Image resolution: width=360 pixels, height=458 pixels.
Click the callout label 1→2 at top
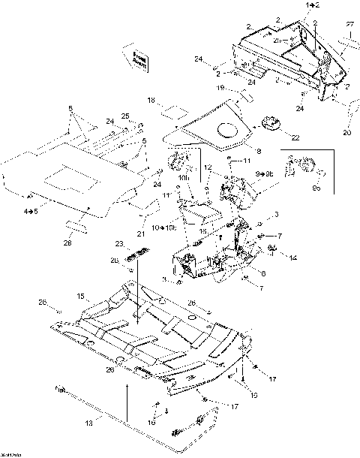coord(311,5)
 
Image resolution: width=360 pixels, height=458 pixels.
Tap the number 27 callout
coord(349,25)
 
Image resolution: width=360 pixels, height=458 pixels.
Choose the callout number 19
coord(220,88)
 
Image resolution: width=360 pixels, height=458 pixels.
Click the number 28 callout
coord(69,242)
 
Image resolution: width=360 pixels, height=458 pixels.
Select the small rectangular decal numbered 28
coord(76,226)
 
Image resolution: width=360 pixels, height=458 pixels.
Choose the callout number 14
coord(292,258)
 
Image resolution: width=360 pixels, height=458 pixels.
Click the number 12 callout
coord(209,167)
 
